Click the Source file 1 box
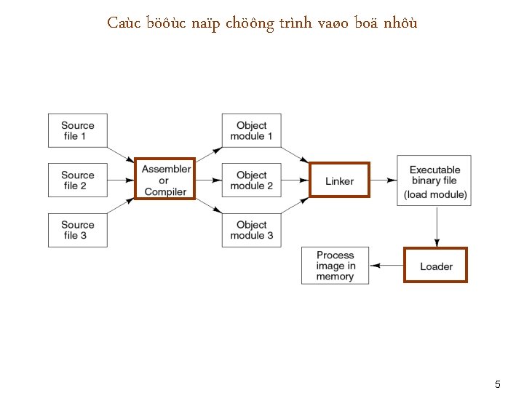78,131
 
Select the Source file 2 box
78,180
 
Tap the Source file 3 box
78,230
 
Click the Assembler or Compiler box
165,180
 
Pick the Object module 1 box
252,131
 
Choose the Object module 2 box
252,180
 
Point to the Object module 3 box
252,230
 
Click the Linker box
340,180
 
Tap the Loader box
436,266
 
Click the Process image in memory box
336,266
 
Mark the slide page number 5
498,384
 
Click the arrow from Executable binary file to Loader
436,226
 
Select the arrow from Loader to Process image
386,266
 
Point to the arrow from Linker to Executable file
384,180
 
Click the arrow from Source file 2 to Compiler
121,180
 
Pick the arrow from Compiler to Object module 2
209,180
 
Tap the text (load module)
435,195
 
